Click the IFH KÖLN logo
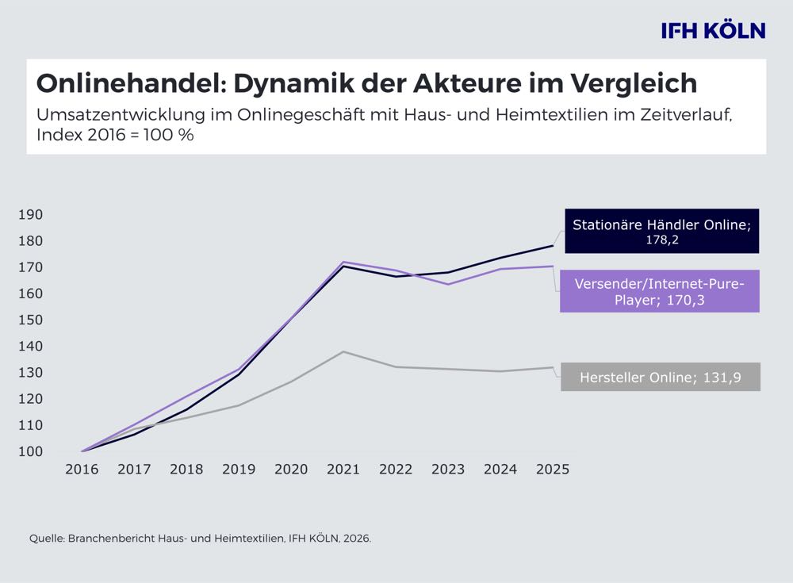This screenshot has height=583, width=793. pyautogui.click(x=713, y=31)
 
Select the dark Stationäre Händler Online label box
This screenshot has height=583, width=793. pyautogui.click(x=661, y=231)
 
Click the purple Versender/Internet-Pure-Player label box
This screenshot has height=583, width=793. pyautogui.click(x=660, y=290)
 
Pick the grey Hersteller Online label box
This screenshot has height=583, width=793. pyautogui.click(x=660, y=378)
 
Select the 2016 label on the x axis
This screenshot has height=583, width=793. pyautogui.click(x=82, y=470)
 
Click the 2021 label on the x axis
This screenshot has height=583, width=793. pyautogui.click(x=343, y=470)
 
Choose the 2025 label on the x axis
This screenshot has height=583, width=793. pyautogui.click(x=553, y=470)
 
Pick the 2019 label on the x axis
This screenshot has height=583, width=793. pyautogui.click(x=239, y=470)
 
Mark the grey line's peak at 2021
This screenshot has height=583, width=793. pyautogui.click(x=343, y=351)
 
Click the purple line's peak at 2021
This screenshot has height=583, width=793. pyautogui.click(x=343, y=262)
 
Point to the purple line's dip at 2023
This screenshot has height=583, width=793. pyautogui.click(x=448, y=284)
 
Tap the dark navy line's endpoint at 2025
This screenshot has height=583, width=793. pyautogui.click(x=553, y=246)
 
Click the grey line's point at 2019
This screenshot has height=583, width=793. pyautogui.click(x=239, y=405)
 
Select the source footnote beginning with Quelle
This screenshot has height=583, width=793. pyautogui.click(x=200, y=539)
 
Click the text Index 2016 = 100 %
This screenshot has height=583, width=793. pyautogui.click(x=115, y=135)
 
